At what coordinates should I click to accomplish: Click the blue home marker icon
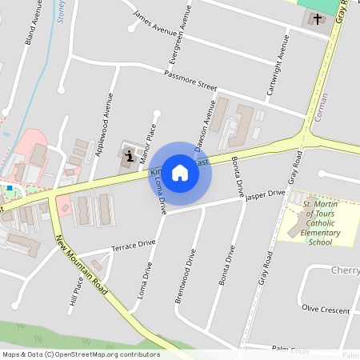[180, 172]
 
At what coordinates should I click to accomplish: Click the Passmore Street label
[190, 80]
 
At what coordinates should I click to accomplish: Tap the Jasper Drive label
[266, 194]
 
